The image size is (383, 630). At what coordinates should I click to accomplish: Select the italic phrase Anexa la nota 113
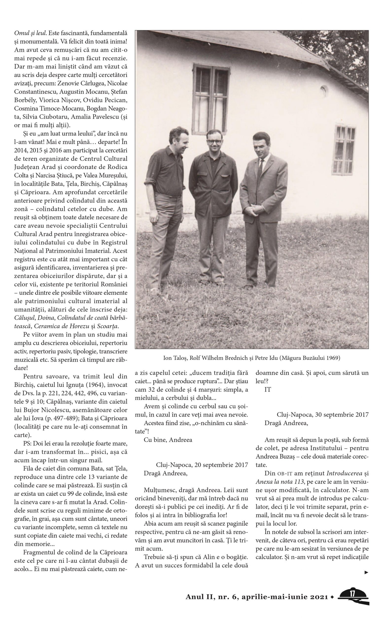point(280,482)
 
